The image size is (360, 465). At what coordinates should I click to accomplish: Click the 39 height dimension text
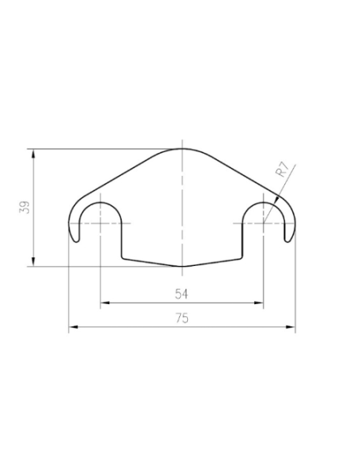click(25, 207)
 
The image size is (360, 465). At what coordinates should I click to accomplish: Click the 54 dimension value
click(182, 294)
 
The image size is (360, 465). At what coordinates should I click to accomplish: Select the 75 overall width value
click(182, 318)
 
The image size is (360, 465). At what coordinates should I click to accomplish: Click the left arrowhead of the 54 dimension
click(104, 303)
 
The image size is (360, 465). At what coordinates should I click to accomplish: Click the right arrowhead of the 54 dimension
click(259, 303)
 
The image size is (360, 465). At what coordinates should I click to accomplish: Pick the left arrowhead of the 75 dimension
click(73, 326)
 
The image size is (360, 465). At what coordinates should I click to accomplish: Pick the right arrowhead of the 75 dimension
click(291, 326)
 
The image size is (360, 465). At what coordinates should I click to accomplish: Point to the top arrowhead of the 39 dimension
click(33, 154)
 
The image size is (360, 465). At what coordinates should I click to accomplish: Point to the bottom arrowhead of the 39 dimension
click(33, 261)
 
